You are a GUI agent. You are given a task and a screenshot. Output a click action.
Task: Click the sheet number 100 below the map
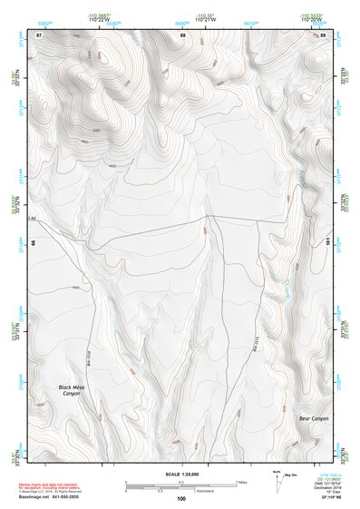click(x=180, y=499)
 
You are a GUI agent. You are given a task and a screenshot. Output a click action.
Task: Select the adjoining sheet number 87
click(x=38, y=34)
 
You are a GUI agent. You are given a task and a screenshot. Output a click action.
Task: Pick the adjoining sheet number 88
click(x=182, y=34)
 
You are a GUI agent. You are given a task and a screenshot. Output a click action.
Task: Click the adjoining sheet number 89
click(x=323, y=34)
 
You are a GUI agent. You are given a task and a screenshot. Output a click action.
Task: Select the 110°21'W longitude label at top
click(x=208, y=19)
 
